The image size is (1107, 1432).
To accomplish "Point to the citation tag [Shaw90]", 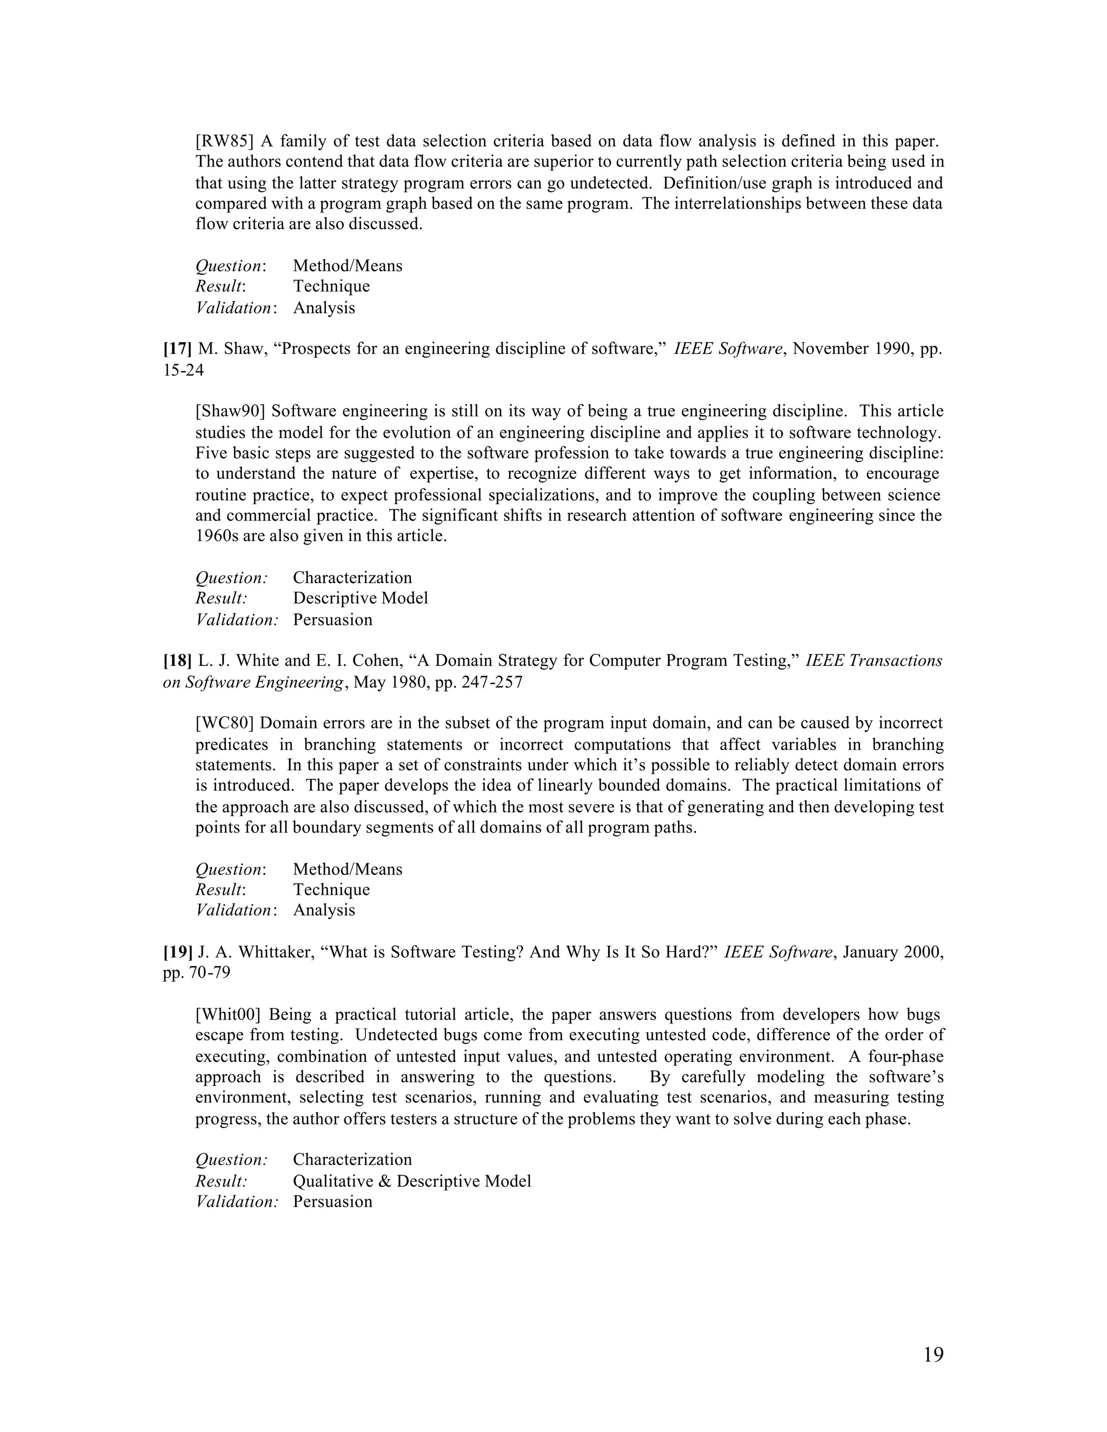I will click(x=230, y=412).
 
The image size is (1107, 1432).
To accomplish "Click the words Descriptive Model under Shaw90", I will click(x=360, y=599).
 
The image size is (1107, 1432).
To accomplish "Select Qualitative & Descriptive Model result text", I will click(x=412, y=1181).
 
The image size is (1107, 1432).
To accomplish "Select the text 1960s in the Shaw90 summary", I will click(x=217, y=537).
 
